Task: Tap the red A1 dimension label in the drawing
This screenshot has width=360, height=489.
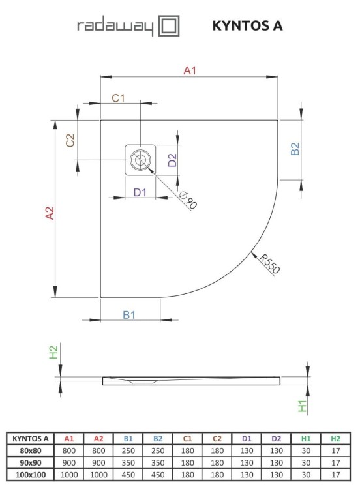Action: [x=190, y=70]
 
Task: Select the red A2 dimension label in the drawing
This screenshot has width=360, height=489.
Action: [x=49, y=215]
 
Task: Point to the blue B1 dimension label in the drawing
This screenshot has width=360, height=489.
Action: [x=129, y=315]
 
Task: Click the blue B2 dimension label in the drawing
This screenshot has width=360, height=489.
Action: [x=295, y=149]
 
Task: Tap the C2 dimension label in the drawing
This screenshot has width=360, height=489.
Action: [x=71, y=140]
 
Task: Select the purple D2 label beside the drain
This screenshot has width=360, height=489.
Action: [x=172, y=160]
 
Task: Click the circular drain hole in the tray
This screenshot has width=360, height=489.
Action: [x=140, y=160]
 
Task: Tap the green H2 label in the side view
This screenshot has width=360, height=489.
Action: [x=54, y=353]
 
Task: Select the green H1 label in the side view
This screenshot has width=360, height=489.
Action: [x=301, y=407]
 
